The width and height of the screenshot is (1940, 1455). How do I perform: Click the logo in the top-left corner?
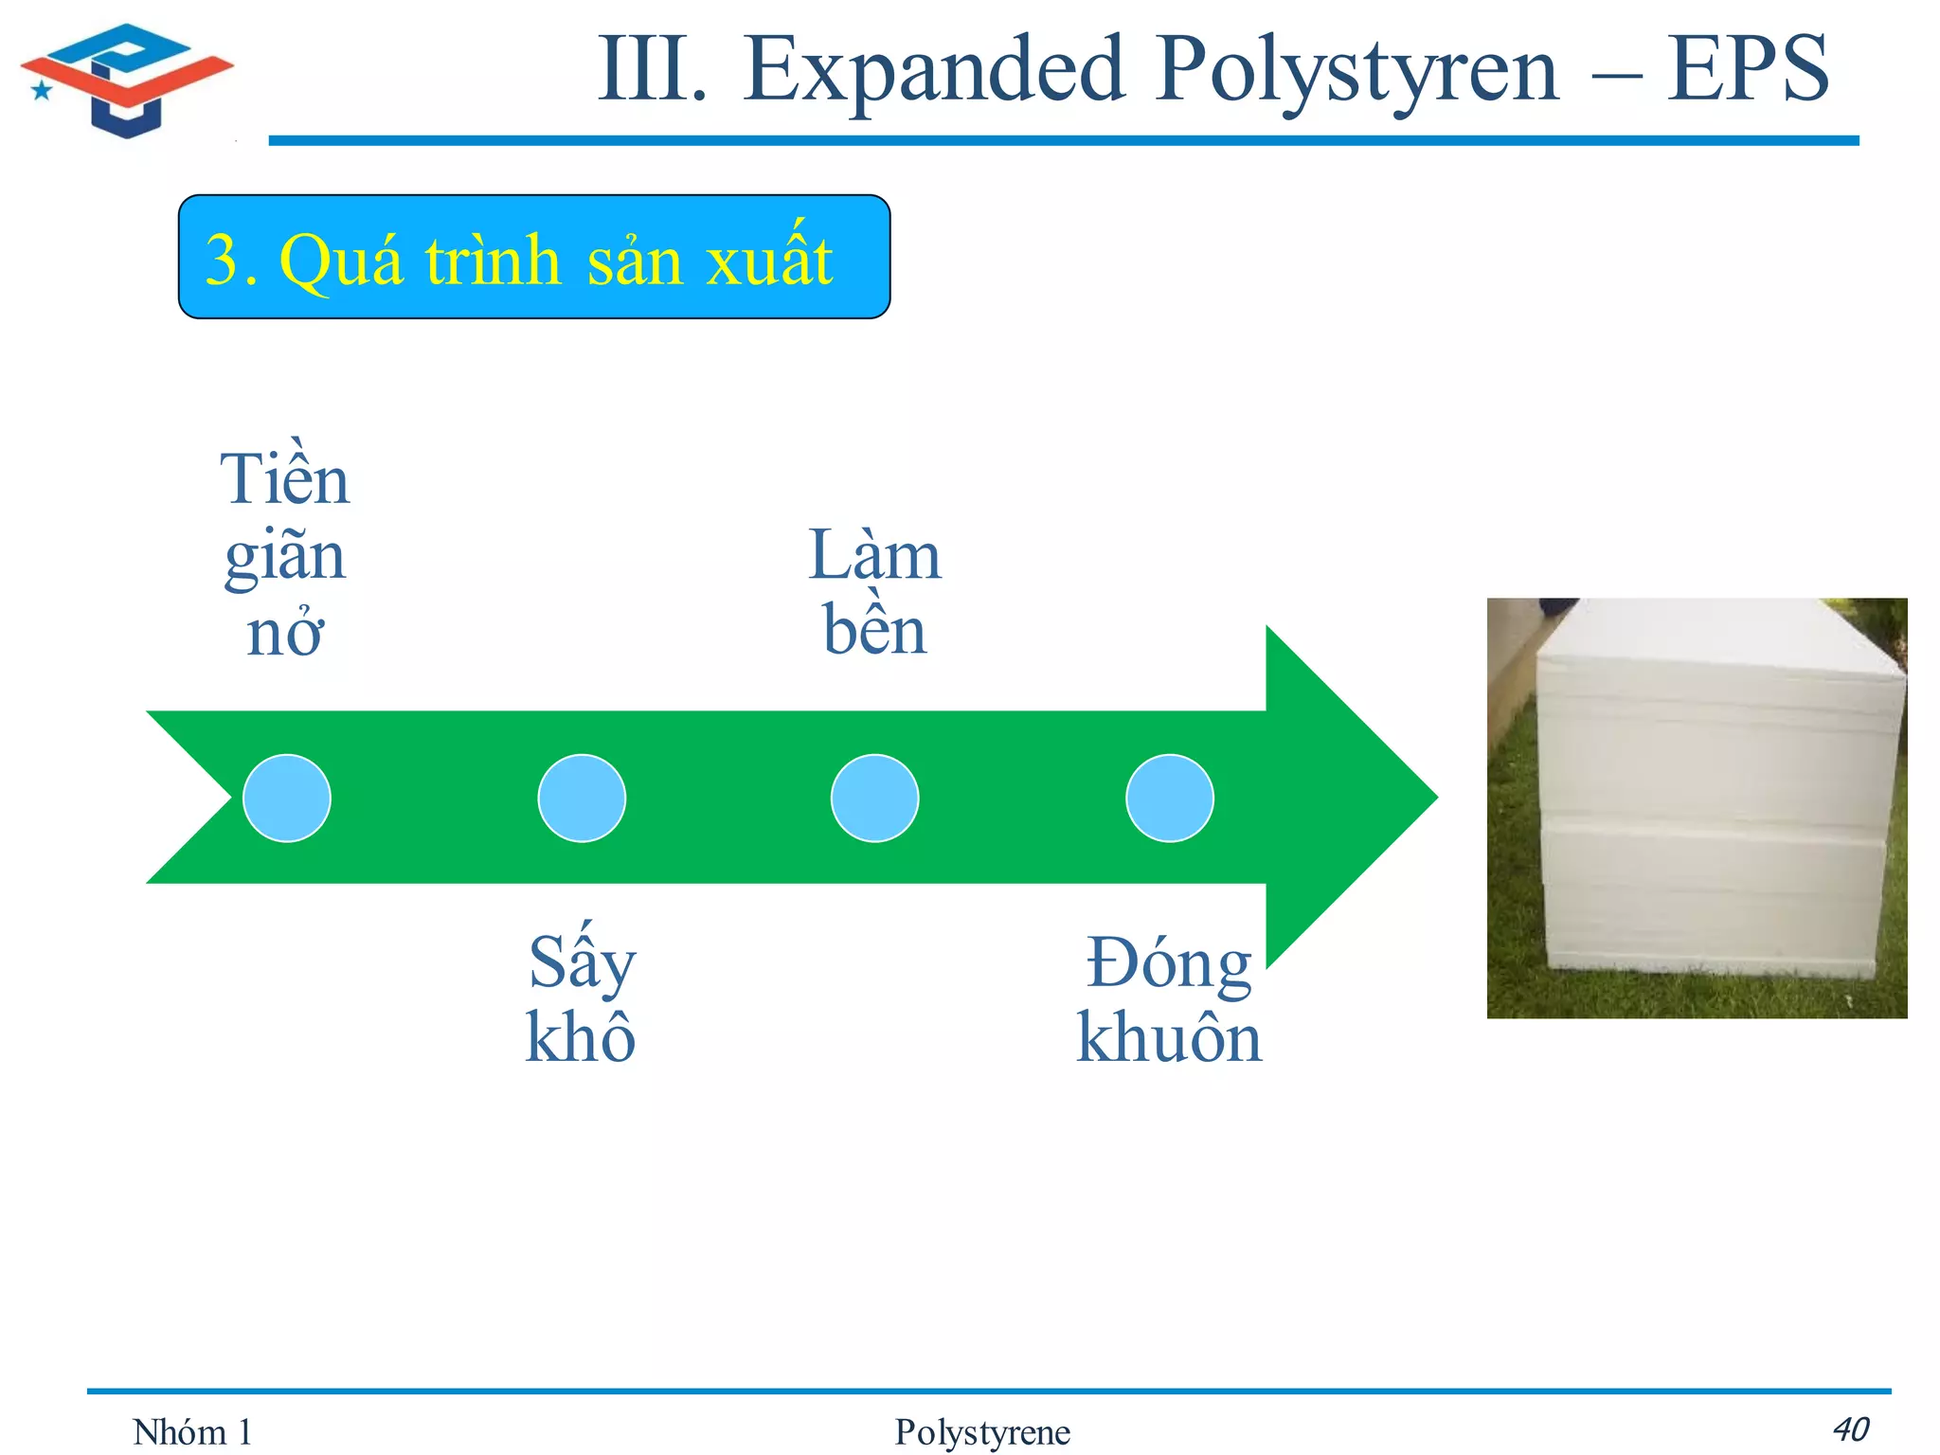coord(127,81)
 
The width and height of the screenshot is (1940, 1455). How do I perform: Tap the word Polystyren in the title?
coord(1356,71)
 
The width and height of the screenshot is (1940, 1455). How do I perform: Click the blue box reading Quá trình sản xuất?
coord(533,258)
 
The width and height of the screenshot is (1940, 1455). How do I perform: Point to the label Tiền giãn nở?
coord(284,554)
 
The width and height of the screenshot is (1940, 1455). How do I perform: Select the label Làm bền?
coord(874,592)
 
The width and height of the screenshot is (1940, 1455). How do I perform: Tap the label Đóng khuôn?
coord(1169,999)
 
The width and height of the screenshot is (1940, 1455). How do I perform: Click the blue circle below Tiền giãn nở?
coord(286,798)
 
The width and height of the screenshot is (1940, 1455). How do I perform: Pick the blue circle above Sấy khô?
coord(581,798)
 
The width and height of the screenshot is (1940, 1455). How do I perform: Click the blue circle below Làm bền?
coord(874,798)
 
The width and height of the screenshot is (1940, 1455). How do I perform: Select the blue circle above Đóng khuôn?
coord(1169,798)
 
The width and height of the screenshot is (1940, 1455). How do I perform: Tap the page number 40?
coord(1849,1428)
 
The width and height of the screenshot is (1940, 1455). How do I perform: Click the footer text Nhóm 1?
coord(192,1432)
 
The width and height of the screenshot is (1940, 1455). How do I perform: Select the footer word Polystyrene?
coord(981,1432)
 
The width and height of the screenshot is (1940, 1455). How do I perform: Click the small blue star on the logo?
coord(42,91)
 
